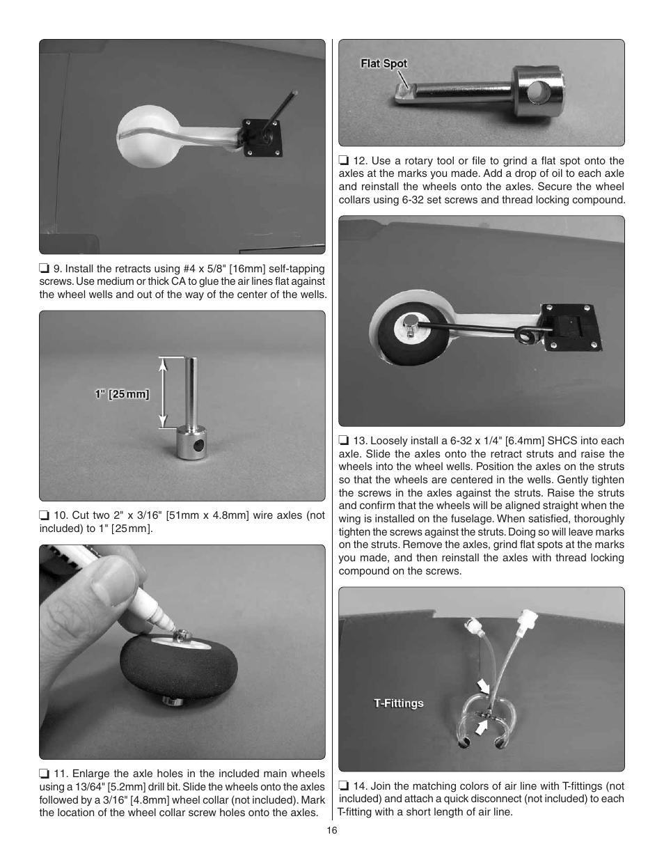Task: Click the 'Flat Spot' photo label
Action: [384, 63]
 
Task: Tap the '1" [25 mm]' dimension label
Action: [122, 394]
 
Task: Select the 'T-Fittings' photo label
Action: [398, 703]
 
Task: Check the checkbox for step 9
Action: [44, 269]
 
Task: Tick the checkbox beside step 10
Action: [44, 515]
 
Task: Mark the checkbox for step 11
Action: [44, 774]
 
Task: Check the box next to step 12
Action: [343, 161]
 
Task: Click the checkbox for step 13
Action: [343, 441]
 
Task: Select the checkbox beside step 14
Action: [343, 786]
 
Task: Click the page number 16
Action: [332, 830]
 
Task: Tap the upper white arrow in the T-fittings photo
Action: [483, 687]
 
